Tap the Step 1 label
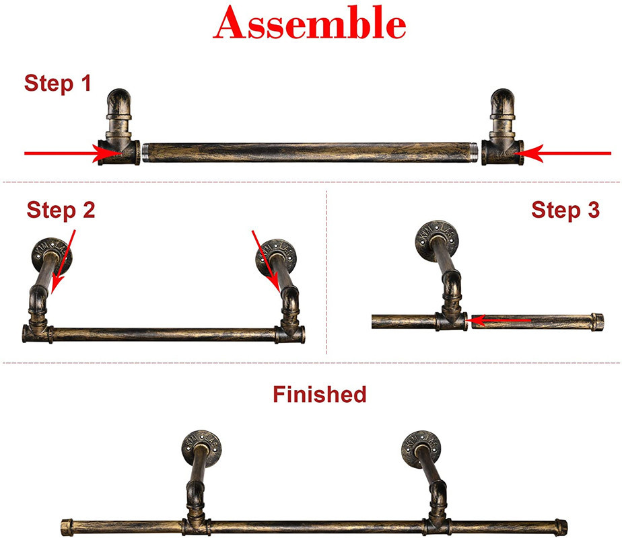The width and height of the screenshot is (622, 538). coord(57,83)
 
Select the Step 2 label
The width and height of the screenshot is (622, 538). coord(61,210)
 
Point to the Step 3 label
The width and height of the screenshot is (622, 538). coord(565,210)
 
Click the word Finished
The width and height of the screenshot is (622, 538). coord(319,394)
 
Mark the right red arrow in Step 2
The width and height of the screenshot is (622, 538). coord(265,260)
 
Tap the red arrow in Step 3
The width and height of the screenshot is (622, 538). coord(501,321)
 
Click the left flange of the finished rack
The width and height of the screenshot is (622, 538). coord(202,445)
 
